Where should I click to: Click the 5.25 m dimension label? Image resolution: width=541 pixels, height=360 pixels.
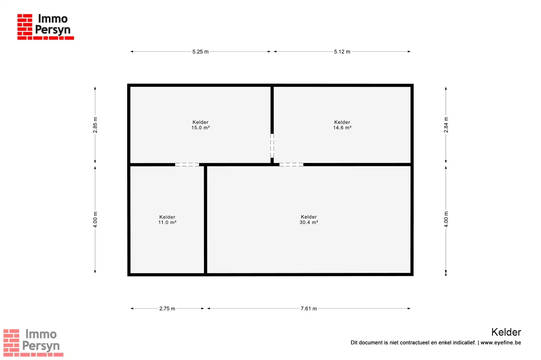tap(200, 52)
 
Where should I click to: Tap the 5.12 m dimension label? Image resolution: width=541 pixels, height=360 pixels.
tap(342, 52)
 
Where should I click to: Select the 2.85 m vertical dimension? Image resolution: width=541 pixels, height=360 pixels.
tap(95, 125)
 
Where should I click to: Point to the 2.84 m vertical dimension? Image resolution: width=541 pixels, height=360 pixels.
tap(446, 125)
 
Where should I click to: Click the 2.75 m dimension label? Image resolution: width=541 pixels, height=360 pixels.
tap(167, 309)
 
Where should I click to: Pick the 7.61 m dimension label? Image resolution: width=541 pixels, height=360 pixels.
tap(309, 309)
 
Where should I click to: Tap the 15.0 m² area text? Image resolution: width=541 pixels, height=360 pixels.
tap(201, 128)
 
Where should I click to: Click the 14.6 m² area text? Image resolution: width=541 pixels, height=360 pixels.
tap(342, 128)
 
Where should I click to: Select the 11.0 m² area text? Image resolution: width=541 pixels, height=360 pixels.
tap(167, 222)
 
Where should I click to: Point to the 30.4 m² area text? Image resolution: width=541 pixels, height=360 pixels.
tap(309, 222)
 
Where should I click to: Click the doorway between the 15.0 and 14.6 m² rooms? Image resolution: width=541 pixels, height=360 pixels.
tap(272, 146)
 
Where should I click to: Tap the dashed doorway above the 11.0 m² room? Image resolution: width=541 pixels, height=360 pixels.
tap(187, 165)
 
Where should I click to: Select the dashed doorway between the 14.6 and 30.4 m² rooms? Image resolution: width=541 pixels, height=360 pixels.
tap(291, 165)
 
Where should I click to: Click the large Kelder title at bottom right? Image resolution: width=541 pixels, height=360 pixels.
tap(506, 332)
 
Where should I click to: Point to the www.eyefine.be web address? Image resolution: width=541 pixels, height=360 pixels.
tap(501, 343)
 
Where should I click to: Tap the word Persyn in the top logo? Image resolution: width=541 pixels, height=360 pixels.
tap(53, 30)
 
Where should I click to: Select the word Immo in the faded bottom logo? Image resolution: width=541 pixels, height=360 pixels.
tap(41, 334)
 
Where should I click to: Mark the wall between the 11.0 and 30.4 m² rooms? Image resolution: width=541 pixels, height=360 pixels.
tap(205, 219)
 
